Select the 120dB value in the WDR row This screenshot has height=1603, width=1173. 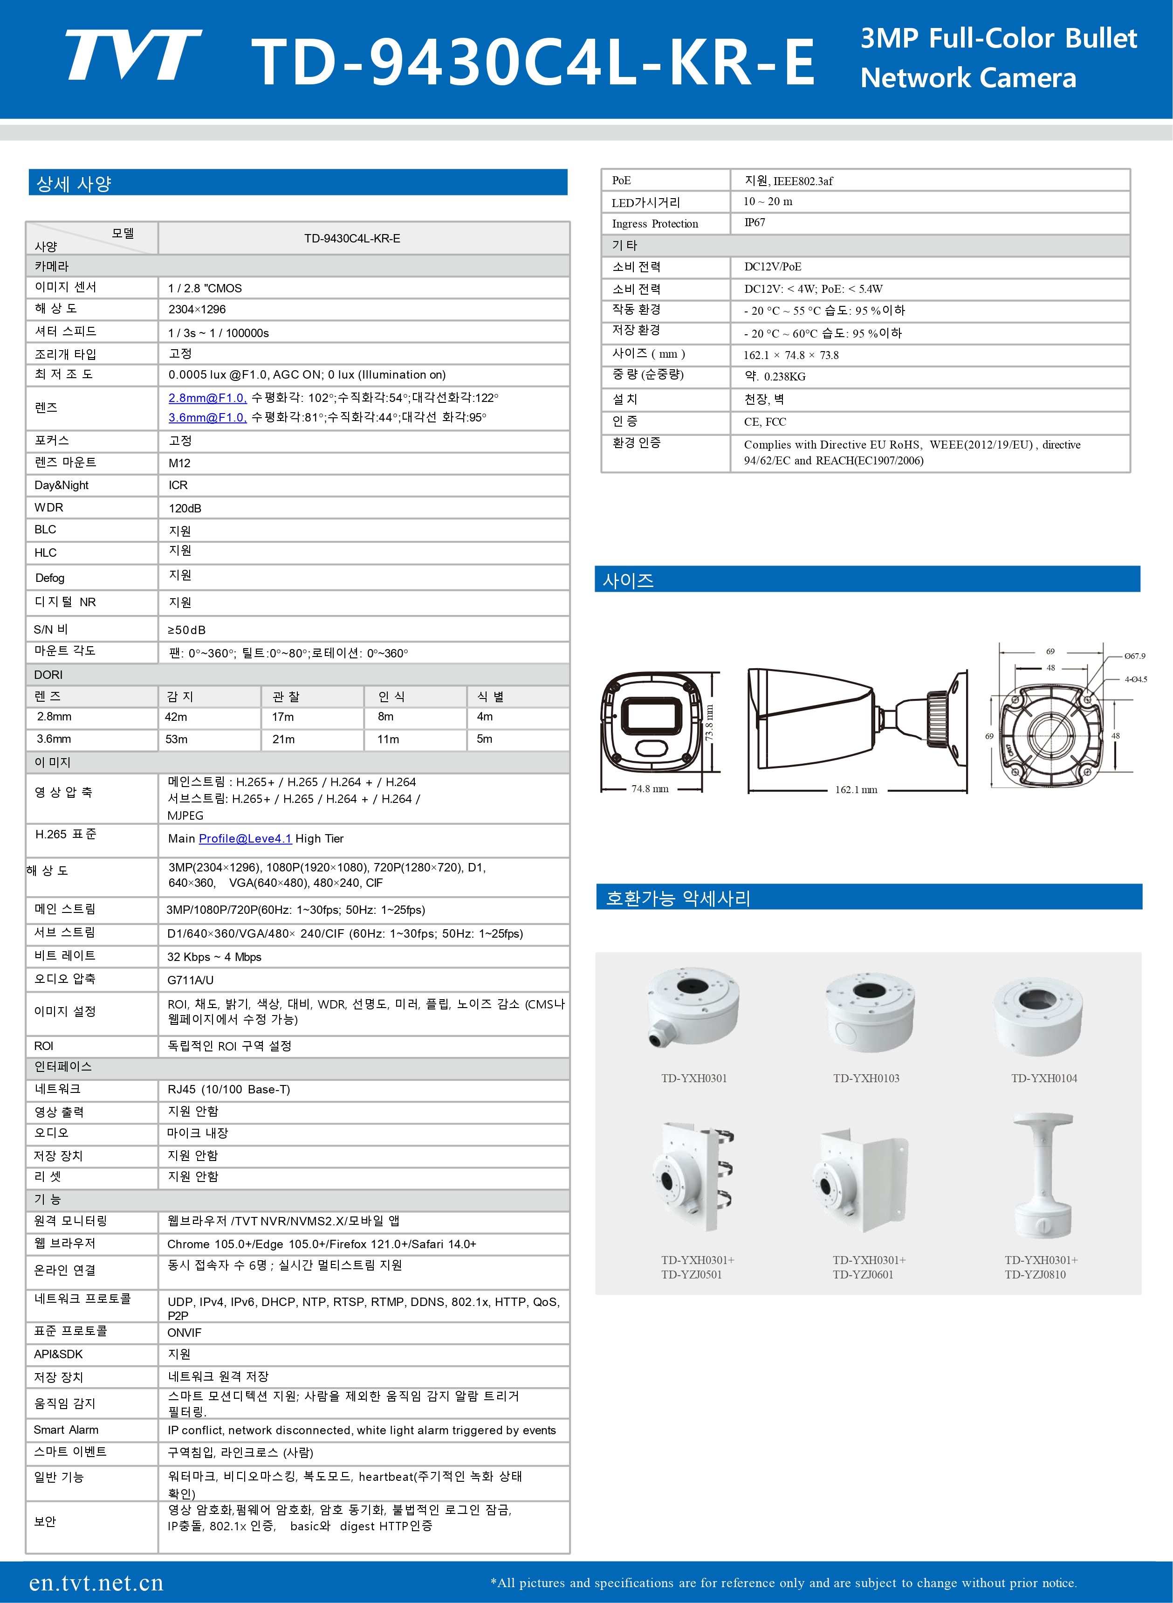tap(185, 508)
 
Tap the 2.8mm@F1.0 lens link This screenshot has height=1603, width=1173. tap(206, 398)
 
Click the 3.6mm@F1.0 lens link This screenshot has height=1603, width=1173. tap(206, 418)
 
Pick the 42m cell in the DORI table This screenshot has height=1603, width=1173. tap(176, 717)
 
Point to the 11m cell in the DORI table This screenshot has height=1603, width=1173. tap(388, 739)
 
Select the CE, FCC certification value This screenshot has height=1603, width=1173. tap(765, 422)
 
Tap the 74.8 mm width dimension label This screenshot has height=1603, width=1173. tap(650, 789)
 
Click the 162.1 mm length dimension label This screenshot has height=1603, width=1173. tap(856, 790)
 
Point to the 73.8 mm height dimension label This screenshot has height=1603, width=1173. tap(709, 722)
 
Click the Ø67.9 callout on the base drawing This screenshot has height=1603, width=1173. tap(1134, 656)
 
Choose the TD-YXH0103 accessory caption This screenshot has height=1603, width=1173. tap(865, 1078)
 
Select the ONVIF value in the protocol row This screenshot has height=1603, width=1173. tap(184, 1333)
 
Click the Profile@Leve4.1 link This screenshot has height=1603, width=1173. tap(245, 839)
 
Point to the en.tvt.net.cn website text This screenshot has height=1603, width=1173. tap(96, 1582)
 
